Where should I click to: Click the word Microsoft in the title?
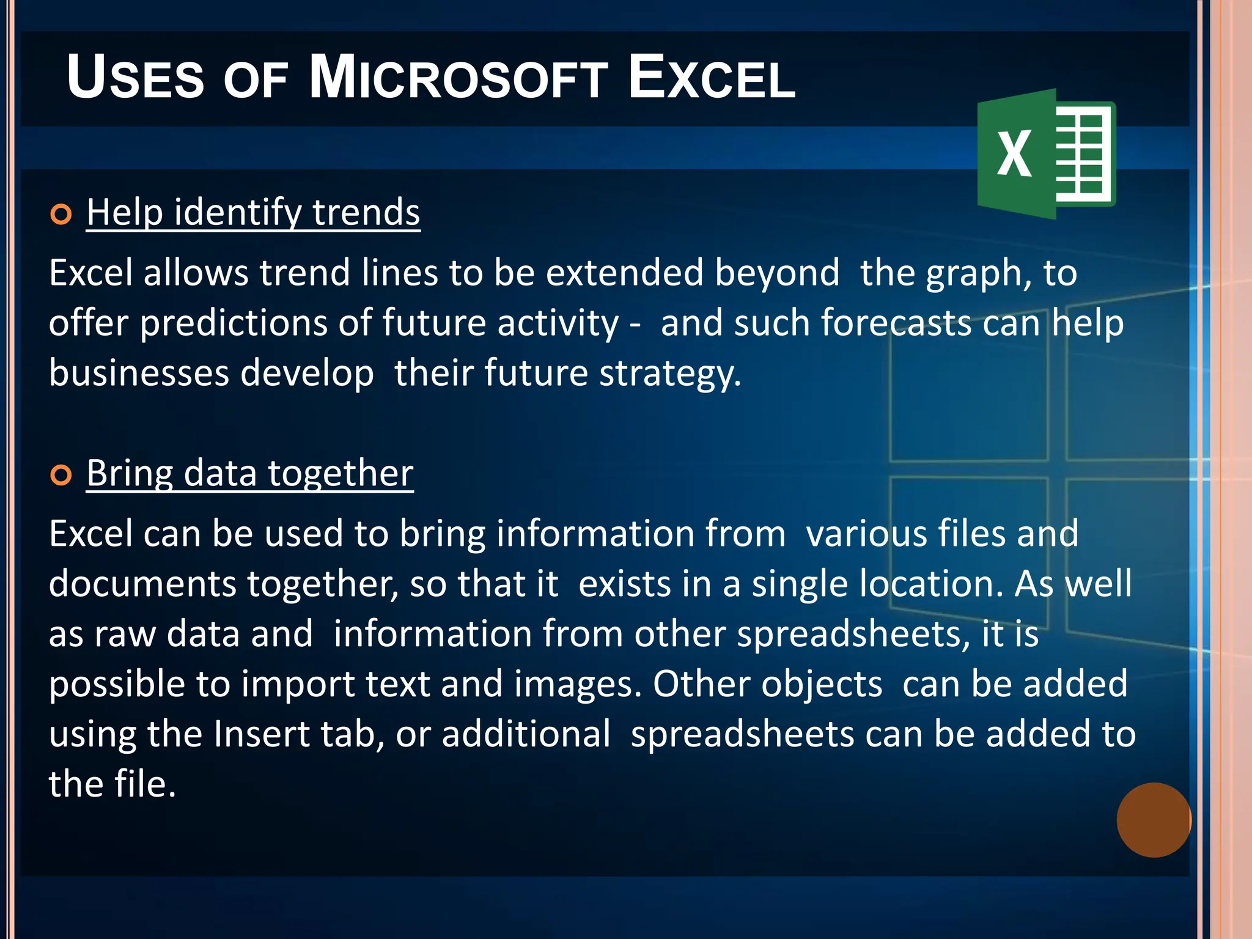point(458,78)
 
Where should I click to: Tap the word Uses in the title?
point(135,78)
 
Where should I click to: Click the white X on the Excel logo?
point(1014,154)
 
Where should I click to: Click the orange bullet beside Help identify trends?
point(61,215)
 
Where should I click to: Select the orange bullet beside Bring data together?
point(61,475)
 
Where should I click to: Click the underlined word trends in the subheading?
point(366,212)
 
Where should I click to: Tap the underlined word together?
point(341,473)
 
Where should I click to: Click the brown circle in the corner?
point(1154,820)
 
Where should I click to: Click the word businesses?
point(139,373)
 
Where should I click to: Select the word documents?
point(142,584)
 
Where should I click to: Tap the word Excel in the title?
point(712,78)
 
